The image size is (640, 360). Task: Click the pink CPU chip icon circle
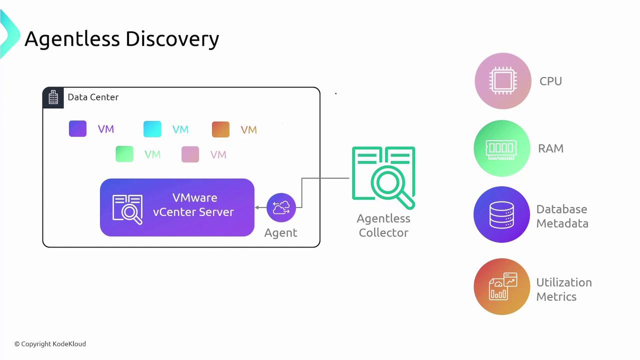(502, 81)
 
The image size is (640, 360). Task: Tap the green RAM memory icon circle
(501, 148)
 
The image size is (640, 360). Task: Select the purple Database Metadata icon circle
(501, 214)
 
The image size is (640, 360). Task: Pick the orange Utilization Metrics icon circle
(502, 286)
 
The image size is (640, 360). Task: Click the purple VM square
(77, 129)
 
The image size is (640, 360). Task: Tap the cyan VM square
(152, 129)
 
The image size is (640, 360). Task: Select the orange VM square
(220, 129)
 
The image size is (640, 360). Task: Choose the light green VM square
(124, 154)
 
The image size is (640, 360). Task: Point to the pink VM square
(190, 154)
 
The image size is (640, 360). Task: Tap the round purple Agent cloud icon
(281, 207)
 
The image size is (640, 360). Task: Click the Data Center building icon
(53, 97)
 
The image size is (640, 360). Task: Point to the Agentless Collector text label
(383, 225)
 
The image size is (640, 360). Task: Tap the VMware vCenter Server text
(193, 205)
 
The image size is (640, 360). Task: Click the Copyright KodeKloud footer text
(50, 344)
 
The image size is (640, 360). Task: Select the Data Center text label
(93, 97)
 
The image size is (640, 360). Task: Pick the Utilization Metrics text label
(563, 289)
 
